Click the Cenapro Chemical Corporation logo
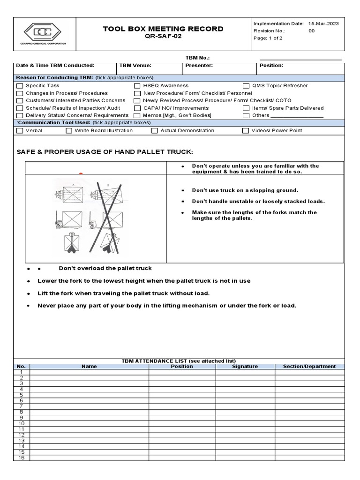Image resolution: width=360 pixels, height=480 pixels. pyautogui.click(x=45, y=34)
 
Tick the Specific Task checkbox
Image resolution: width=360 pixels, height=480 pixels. pyautogui.click(x=20, y=86)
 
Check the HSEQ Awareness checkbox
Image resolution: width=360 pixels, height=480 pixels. pyautogui.click(x=137, y=86)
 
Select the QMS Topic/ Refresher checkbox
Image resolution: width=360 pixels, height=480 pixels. pyautogui.click(x=246, y=86)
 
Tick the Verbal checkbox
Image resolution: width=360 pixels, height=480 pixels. pyautogui.click(x=20, y=131)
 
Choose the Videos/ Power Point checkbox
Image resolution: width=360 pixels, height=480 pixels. pyautogui.click(x=246, y=131)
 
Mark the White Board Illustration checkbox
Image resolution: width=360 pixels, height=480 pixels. pyautogui.click(x=69, y=131)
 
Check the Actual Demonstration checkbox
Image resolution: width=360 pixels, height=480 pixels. pyautogui.click(x=155, y=131)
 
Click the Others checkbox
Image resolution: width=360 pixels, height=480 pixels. pyautogui.click(x=246, y=115)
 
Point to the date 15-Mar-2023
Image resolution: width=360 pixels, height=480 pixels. pyautogui.click(x=323, y=23)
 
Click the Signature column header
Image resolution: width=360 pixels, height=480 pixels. pyautogui.click(x=245, y=367)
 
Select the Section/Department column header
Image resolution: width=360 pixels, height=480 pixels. pyautogui.click(x=309, y=367)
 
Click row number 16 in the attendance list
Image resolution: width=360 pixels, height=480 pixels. pyautogui.click(x=21, y=458)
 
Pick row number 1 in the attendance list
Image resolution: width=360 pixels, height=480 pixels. pyautogui.click(x=21, y=372)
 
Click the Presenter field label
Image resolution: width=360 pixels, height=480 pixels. pyautogui.click(x=199, y=66)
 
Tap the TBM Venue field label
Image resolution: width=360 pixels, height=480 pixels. pyautogui.click(x=135, y=66)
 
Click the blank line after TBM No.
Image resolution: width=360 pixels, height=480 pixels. pyautogui.click(x=300, y=58)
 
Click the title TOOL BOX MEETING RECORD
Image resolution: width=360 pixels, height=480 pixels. pyautogui.click(x=163, y=29)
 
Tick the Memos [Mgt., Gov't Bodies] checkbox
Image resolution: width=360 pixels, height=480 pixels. pyautogui.click(x=137, y=115)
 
